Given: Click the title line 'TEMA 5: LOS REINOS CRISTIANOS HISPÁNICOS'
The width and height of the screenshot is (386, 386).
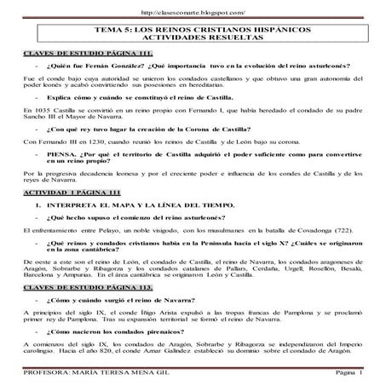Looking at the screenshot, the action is (193, 29).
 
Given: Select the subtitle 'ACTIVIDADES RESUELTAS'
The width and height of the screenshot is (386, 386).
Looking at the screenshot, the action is (193, 39).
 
